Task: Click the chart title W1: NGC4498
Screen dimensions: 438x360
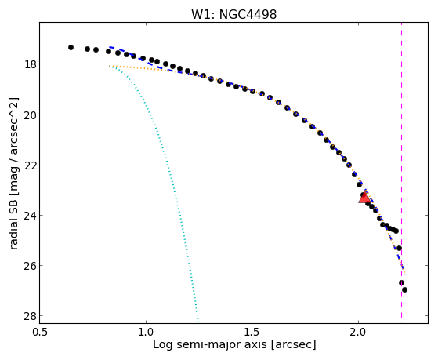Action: (233, 14)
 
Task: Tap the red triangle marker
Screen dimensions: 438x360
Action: (364, 197)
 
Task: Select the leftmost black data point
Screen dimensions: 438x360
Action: (71, 48)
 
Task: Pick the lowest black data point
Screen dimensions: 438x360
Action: (404, 289)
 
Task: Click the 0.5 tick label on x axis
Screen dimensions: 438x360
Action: (40, 332)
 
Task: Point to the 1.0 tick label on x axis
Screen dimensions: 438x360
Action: (146, 332)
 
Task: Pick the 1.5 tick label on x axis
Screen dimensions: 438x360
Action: (252, 332)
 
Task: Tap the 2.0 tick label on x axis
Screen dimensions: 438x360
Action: (358, 332)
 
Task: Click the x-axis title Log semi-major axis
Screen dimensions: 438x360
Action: (210, 344)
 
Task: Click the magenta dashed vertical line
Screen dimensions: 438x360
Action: (402, 170)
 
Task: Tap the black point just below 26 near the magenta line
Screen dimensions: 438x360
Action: (401, 283)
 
